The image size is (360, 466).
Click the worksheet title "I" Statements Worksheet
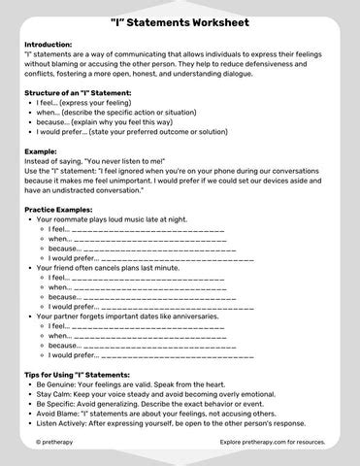180,21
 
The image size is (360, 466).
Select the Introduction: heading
49,45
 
